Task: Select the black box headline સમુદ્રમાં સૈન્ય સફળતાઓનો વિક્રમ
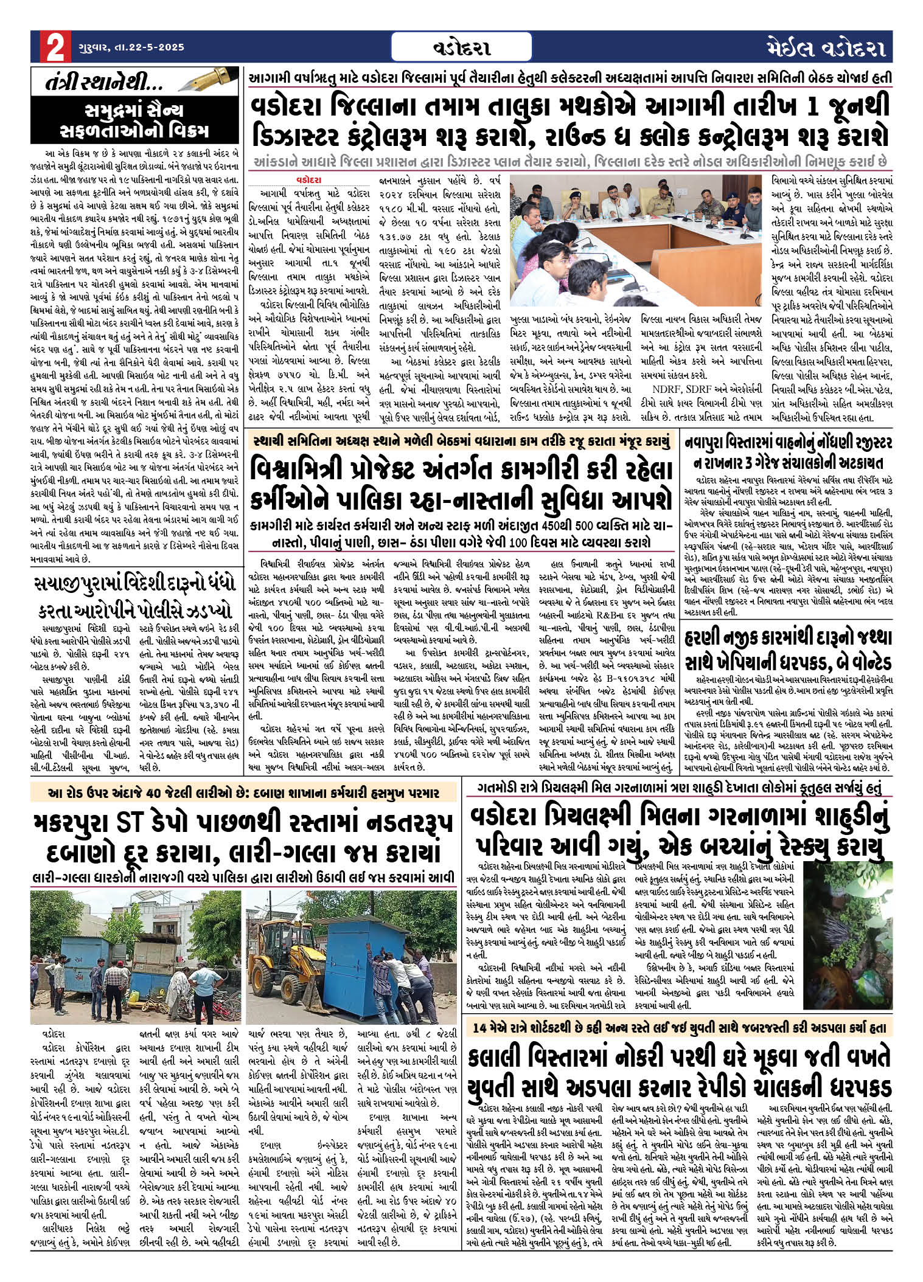tap(134, 121)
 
